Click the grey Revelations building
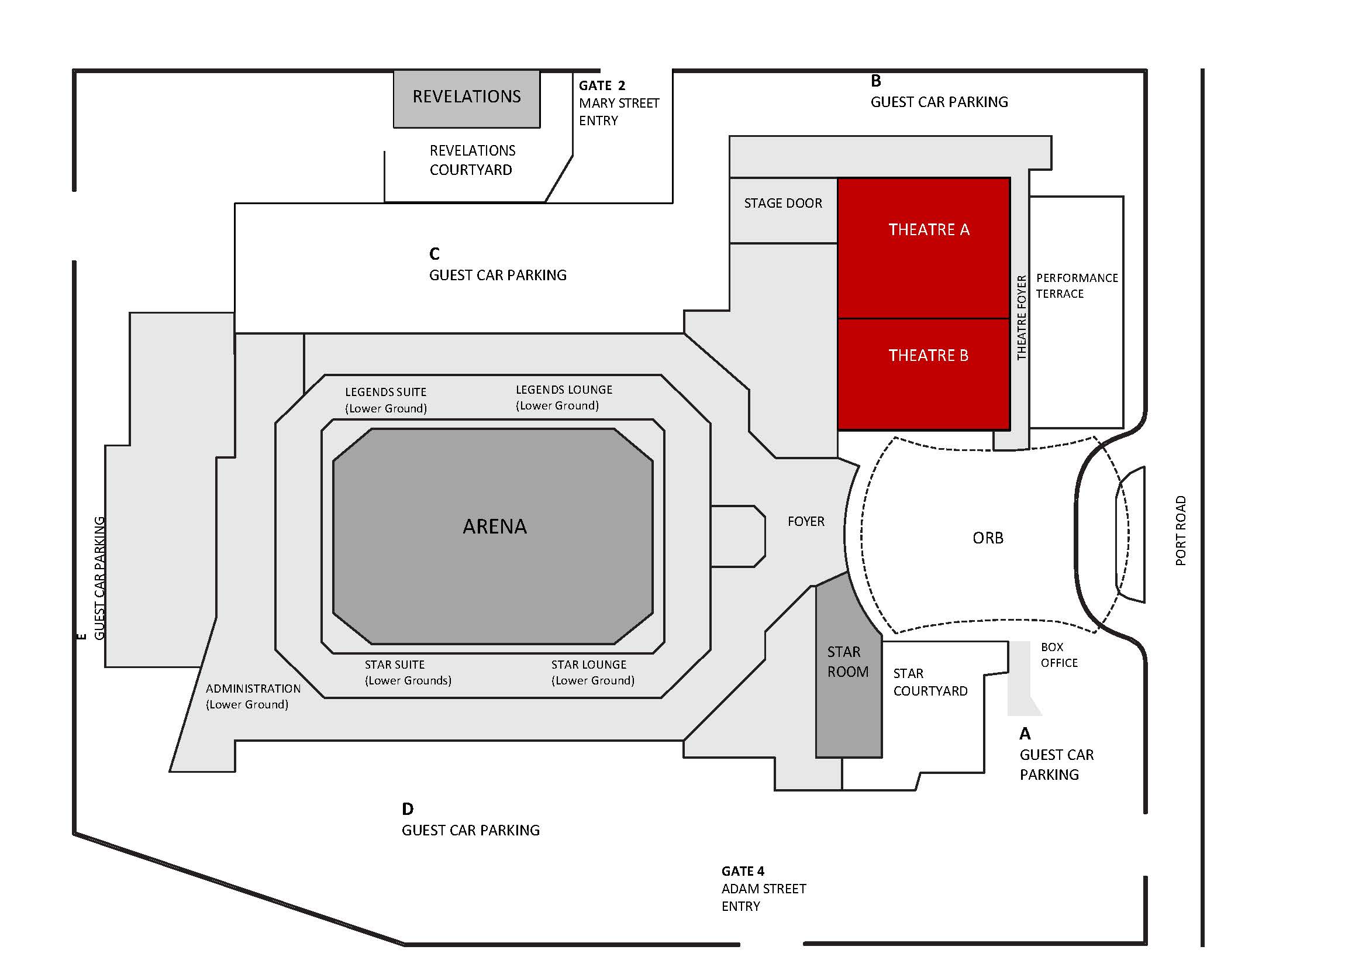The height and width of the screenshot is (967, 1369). coord(466,98)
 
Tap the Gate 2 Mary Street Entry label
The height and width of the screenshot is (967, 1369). coord(618,103)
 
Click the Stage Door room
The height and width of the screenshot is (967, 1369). coord(782,204)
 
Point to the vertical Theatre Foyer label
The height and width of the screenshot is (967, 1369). coord(1022,318)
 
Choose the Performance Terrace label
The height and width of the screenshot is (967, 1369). coord(1076,285)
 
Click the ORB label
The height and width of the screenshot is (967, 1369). coord(987,538)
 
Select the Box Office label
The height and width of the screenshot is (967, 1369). coord(1058,655)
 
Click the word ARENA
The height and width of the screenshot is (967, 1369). coord(494,526)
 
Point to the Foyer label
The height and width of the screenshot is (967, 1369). coord(805,522)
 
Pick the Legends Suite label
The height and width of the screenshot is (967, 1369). coord(386,400)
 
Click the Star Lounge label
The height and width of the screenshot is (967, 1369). coord(592,672)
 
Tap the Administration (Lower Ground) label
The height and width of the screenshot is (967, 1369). coord(252,696)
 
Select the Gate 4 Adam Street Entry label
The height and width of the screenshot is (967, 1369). coord(763,888)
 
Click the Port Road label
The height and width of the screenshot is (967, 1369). coord(1180,531)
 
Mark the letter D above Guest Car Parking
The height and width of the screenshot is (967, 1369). coord(407,809)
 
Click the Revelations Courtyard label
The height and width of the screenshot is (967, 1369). coord(472,160)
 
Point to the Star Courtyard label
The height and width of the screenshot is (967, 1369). coord(930,683)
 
